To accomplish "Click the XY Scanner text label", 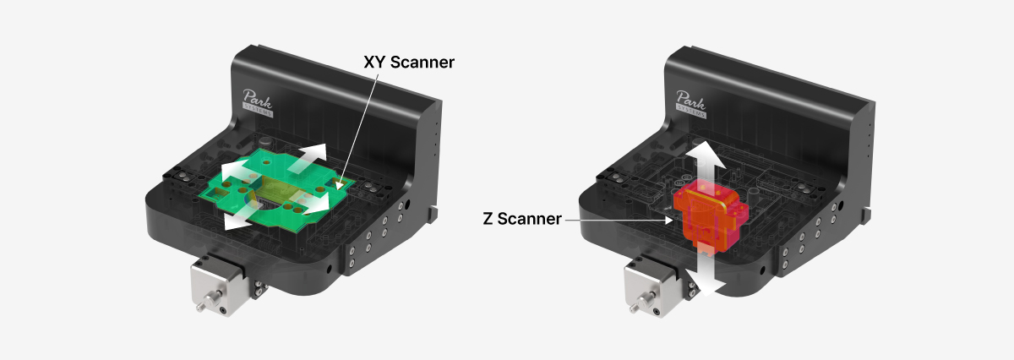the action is click(x=409, y=62).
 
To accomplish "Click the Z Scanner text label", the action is click(x=522, y=219).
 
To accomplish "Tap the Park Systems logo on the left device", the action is click(x=258, y=103).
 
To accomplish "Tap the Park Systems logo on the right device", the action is click(x=691, y=104).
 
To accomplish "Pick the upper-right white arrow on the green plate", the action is click(x=307, y=159).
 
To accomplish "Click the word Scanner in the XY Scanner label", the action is click(x=422, y=62).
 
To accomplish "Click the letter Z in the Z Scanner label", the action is click(x=488, y=219).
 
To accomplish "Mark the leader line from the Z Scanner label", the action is click(x=619, y=221).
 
